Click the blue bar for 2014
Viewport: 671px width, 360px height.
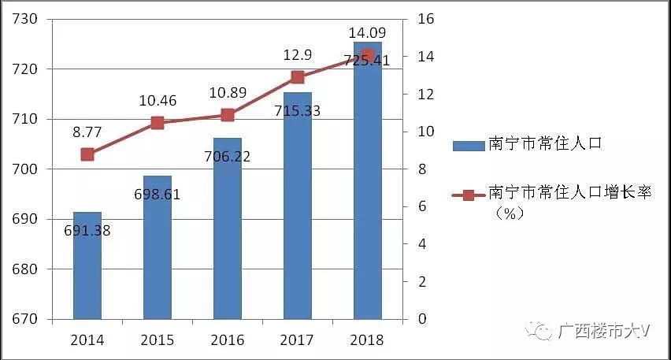pyautogui.click(x=87, y=268)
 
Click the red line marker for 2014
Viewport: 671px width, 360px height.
pyautogui.click(x=87, y=154)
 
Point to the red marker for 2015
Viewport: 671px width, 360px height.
pyautogui.click(x=158, y=122)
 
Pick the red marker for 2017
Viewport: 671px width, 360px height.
pyautogui.click(x=298, y=77)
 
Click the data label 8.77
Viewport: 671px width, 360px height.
pyautogui.click(x=87, y=133)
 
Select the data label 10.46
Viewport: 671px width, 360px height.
pyautogui.click(x=158, y=101)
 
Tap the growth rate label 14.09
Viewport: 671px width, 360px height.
pyautogui.click(x=368, y=34)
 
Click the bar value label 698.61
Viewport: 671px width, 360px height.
pyautogui.click(x=158, y=193)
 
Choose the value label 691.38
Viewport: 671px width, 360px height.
pyautogui.click(x=87, y=231)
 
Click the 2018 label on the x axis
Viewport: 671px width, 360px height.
pyautogui.click(x=368, y=340)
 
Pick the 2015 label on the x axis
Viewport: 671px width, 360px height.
pyautogui.click(x=158, y=340)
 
